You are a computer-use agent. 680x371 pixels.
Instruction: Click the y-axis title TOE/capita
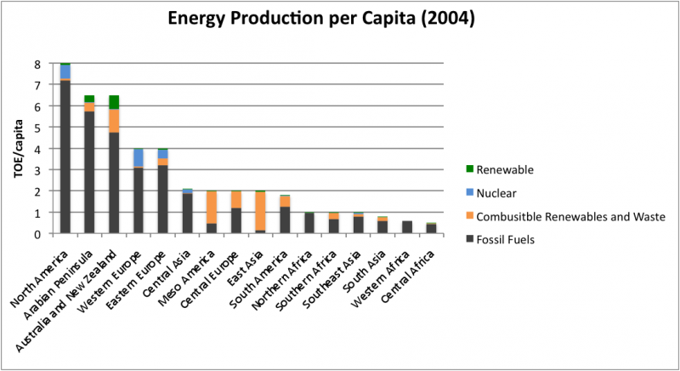click(19, 150)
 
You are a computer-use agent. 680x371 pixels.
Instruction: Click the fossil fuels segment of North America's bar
click(65, 157)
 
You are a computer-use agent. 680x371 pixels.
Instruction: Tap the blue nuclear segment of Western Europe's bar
click(138, 158)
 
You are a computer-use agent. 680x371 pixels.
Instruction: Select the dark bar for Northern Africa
click(309, 223)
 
